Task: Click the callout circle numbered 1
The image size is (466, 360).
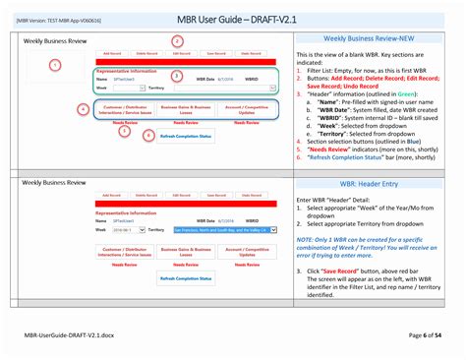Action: click(55, 65)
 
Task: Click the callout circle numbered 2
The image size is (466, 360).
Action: click(177, 41)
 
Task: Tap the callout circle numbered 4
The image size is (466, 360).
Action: click(83, 110)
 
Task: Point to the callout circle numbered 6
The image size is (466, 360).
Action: click(148, 135)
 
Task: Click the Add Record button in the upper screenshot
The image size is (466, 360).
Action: click(110, 53)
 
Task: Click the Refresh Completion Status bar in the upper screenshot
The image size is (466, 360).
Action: click(185, 136)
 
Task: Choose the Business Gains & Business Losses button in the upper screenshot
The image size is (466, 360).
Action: click(185, 110)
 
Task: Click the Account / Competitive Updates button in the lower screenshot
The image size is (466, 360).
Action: click(247, 254)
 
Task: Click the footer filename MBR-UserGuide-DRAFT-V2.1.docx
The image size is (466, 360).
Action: click(71, 335)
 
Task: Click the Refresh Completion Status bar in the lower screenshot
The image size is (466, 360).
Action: click(185, 279)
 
